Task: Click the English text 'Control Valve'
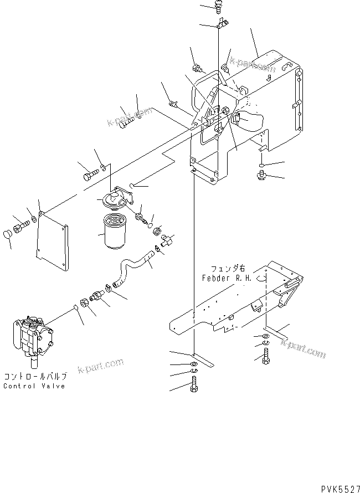(34, 386)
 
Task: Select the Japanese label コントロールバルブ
(35, 377)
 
